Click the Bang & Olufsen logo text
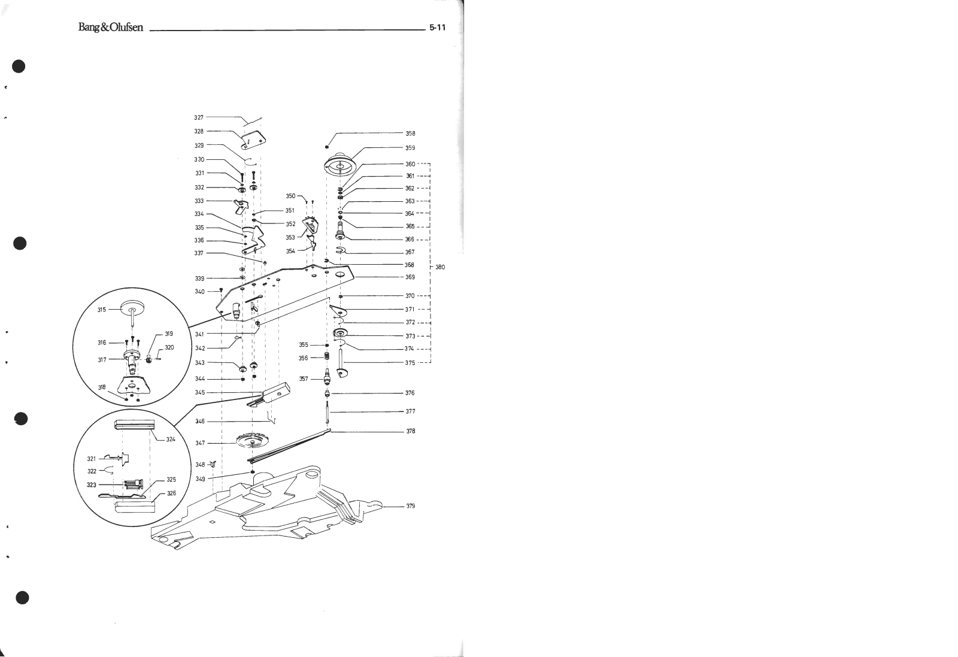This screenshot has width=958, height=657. click(110, 28)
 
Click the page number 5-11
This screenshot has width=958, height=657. click(437, 28)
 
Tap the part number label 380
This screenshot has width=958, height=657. click(440, 267)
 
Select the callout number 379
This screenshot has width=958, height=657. click(410, 506)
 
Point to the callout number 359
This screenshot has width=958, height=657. click(410, 148)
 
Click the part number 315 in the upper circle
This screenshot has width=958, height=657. click(102, 310)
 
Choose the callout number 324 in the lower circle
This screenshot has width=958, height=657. click(171, 440)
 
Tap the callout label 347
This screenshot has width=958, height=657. click(200, 443)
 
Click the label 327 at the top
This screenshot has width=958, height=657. click(199, 117)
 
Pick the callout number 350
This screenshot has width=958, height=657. click(290, 196)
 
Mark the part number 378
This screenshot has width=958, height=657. click(410, 431)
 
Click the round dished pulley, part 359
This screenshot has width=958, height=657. click(340, 162)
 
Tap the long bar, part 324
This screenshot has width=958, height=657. click(135, 425)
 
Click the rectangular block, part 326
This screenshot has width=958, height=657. click(135, 504)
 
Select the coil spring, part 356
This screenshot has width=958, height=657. click(327, 357)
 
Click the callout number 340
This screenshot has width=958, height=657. click(199, 292)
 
